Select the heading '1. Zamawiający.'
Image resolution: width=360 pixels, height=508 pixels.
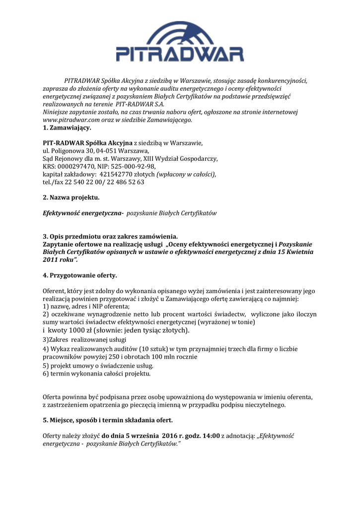click(x=67, y=127)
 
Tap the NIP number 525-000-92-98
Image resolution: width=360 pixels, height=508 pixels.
click(x=132, y=166)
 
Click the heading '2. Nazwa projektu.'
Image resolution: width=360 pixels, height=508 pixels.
click(x=71, y=197)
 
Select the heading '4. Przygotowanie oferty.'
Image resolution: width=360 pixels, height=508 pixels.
click(x=80, y=275)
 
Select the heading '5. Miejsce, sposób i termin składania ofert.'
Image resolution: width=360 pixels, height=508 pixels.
click(x=108, y=420)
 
